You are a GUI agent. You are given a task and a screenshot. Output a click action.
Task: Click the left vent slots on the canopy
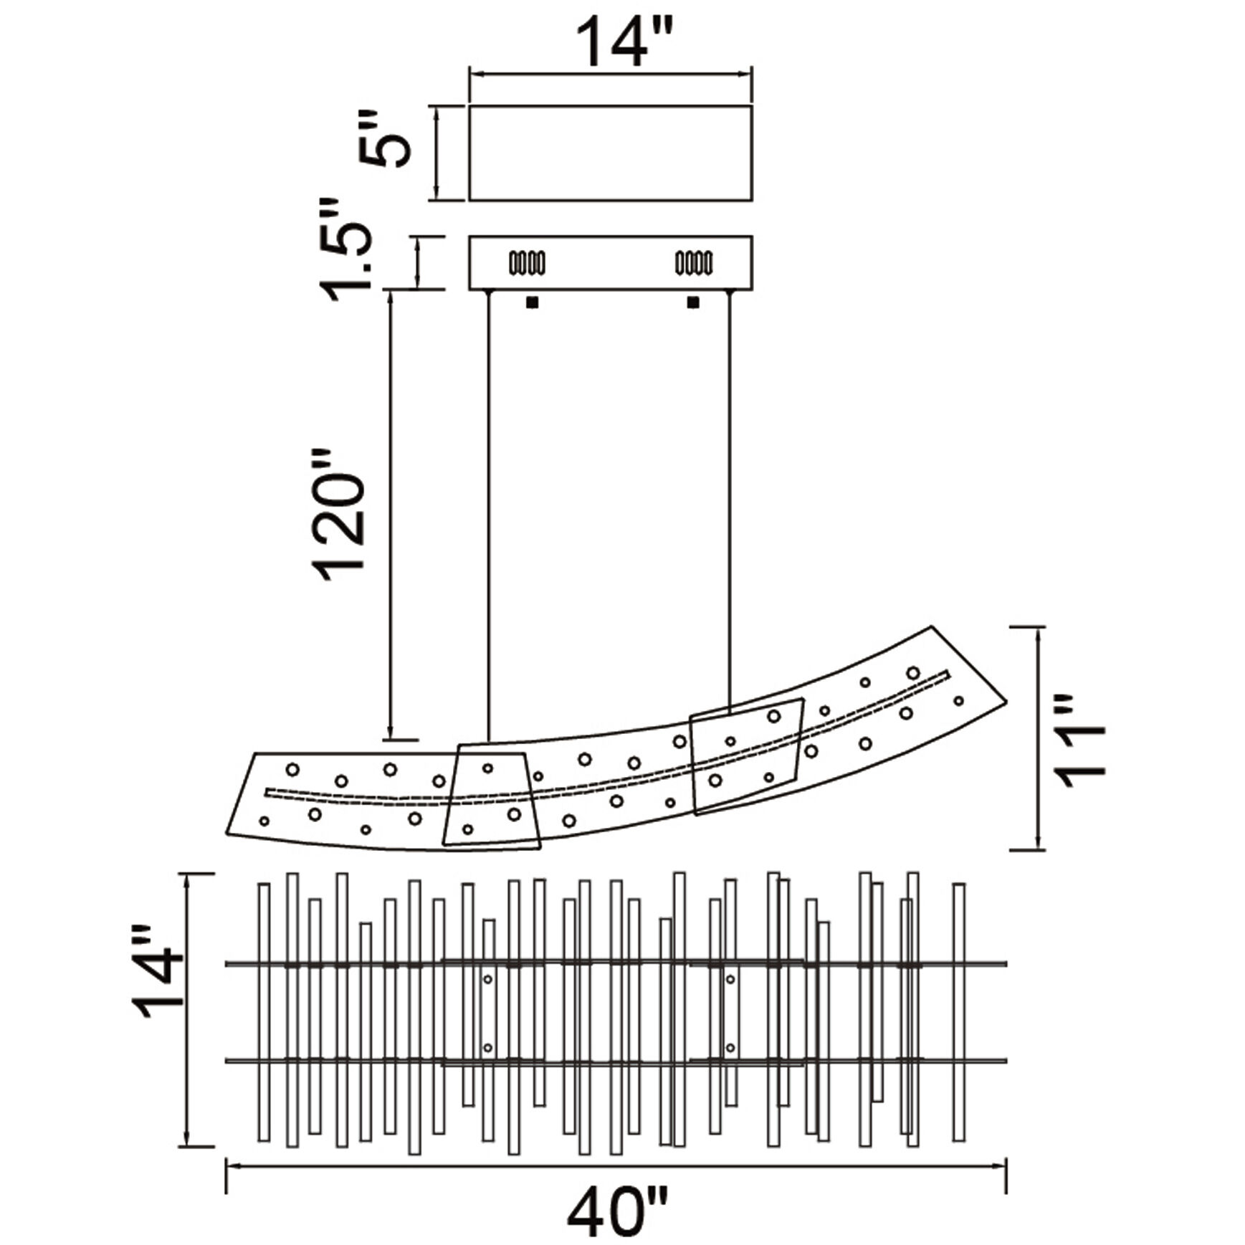527,263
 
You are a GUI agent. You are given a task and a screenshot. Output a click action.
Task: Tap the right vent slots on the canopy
694,263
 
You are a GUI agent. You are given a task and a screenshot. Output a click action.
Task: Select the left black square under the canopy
533,302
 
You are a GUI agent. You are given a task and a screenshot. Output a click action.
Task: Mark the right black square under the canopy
693,302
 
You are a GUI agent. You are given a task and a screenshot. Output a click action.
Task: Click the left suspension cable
488,516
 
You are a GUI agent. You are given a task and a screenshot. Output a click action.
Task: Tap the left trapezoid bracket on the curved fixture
491,796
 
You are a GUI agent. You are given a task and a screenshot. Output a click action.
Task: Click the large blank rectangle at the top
610,153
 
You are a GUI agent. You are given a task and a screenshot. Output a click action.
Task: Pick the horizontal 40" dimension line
616,1166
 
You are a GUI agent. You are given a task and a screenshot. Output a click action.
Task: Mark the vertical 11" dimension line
1040,738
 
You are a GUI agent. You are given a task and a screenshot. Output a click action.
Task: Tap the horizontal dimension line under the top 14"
610,73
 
